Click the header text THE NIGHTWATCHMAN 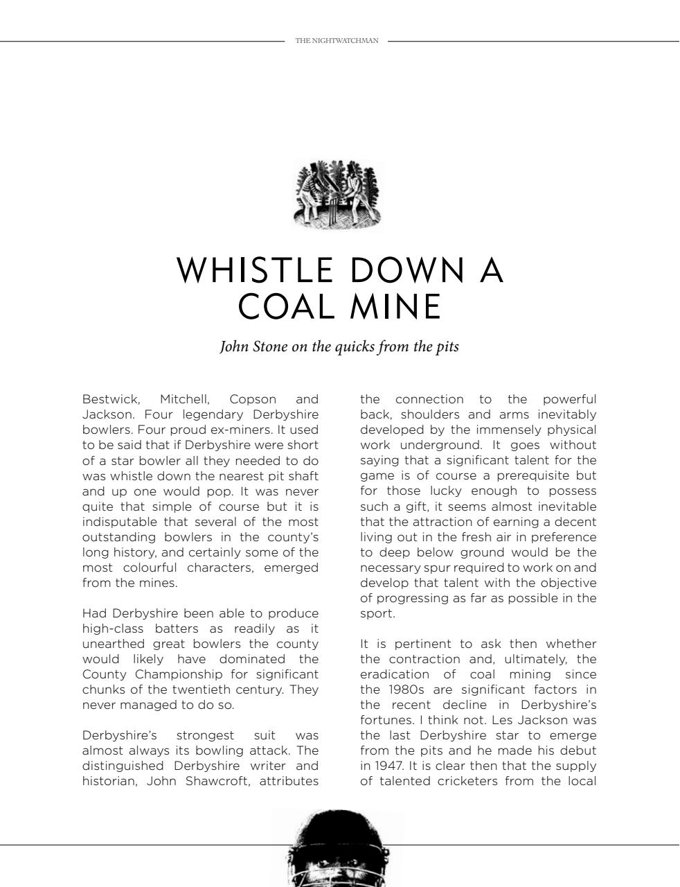(337, 41)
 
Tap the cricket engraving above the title (337, 195)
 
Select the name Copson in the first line (253, 399)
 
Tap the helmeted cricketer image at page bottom (337, 849)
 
